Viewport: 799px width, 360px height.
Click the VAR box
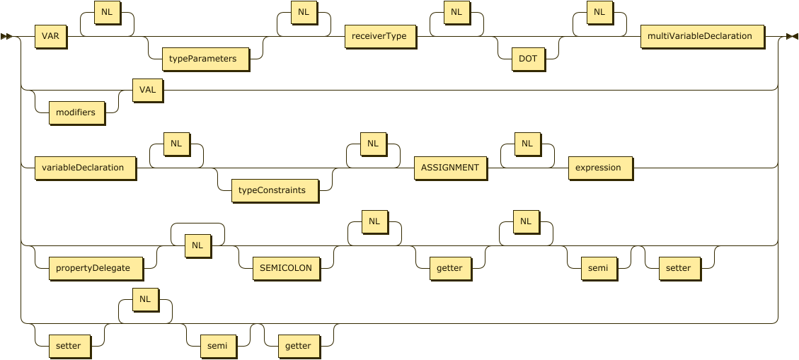click(x=50, y=36)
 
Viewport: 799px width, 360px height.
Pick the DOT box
click(x=528, y=59)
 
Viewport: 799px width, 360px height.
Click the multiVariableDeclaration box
click(x=700, y=36)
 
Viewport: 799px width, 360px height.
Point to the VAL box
click(x=147, y=90)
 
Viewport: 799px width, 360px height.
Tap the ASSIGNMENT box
click(x=450, y=168)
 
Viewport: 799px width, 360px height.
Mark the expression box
click(x=598, y=168)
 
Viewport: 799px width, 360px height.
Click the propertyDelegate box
click(x=94, y=268)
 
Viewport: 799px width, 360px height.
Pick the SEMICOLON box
click(x=286, y=268)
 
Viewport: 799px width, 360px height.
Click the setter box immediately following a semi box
click(x=679, y=268)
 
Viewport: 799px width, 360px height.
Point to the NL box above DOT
click(x=456, y=13)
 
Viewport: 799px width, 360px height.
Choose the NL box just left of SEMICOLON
click(x=197, y=245)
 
